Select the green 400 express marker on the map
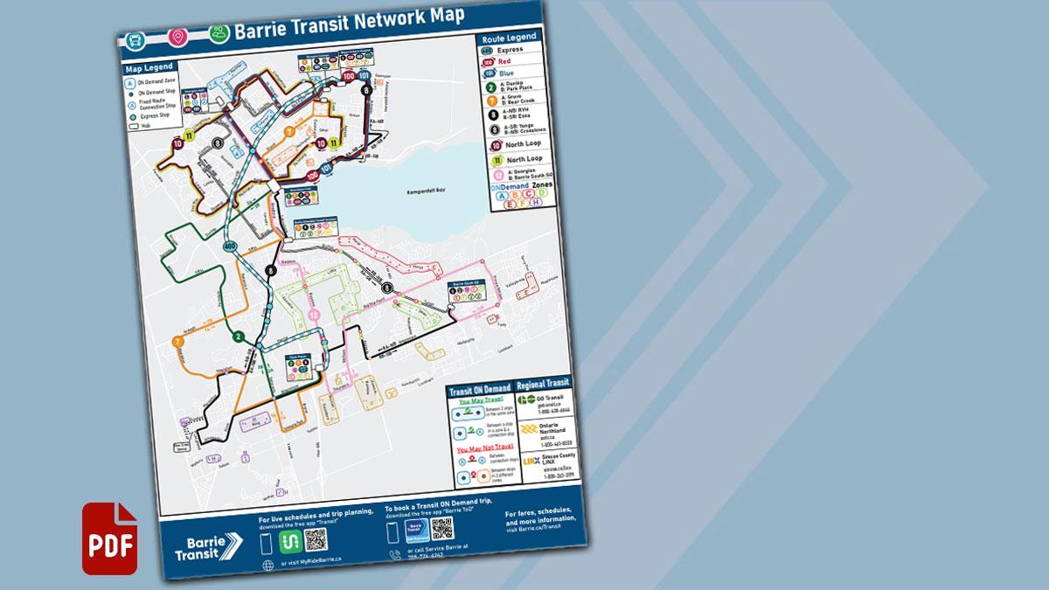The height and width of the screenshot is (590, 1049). (230, 247)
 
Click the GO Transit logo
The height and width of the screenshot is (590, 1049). (526, 400)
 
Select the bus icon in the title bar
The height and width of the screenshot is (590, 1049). (137, 40)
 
